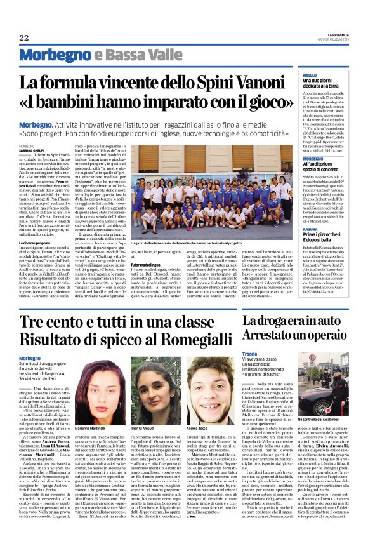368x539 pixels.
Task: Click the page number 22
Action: pyautogui.click(x=23, y=37)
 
